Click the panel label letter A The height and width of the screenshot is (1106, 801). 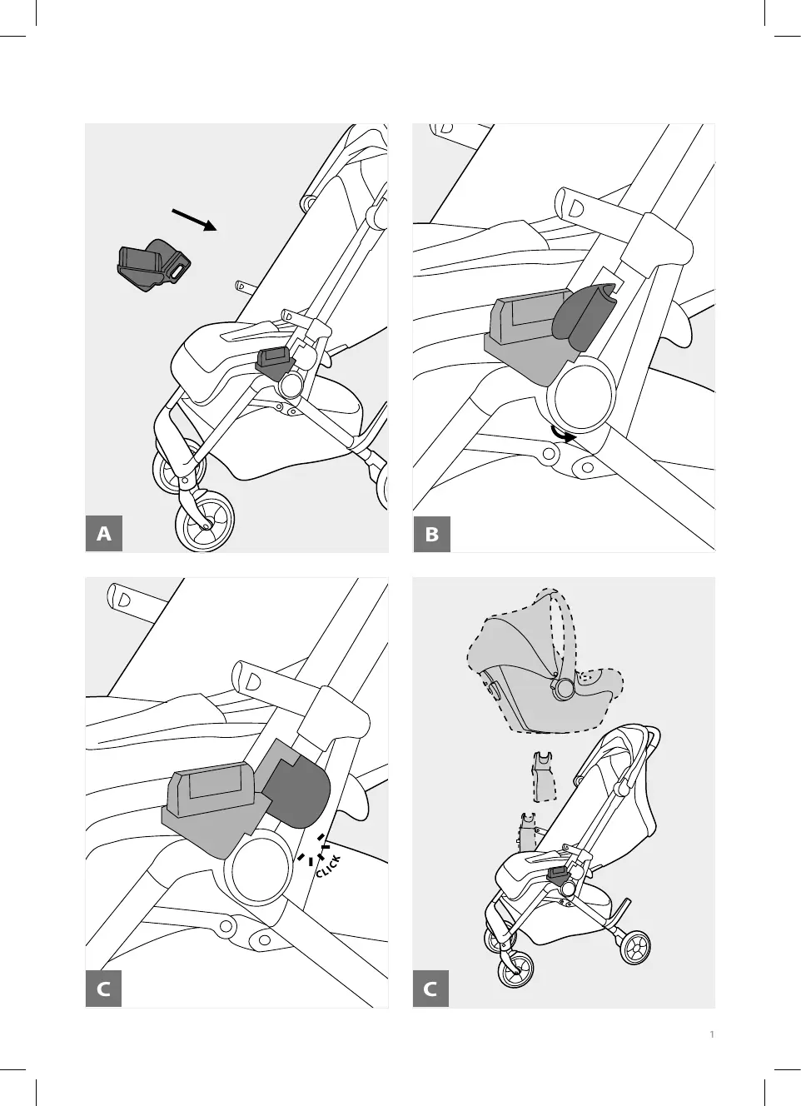(x=104, y=533)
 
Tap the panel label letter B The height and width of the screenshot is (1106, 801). (x=431, y=533)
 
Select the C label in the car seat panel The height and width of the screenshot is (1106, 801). (x=431, y=989)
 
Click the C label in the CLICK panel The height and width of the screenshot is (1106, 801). (x=104, y=989)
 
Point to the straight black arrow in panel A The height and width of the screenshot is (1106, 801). (x=194, y=220)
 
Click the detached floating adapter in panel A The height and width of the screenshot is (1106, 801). (x=152, y=266)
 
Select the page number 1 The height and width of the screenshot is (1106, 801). (x=712, y=1035)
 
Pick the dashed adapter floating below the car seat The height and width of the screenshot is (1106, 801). (x=544, y=775)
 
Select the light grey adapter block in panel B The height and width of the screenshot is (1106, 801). (x=525, y=333)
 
